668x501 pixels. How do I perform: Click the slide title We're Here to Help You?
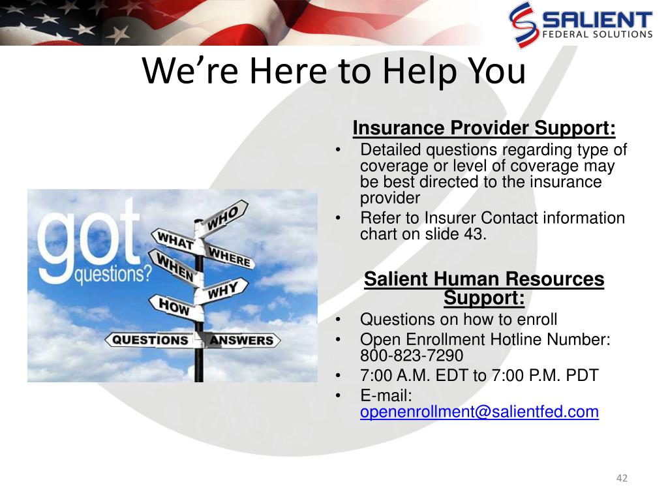point(334,70)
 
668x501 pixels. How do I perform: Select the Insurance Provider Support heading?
point(484,128)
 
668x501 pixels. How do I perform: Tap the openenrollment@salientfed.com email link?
point(479,412)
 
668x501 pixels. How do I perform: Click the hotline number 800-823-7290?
point(412,356)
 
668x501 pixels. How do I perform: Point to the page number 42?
point(622,478)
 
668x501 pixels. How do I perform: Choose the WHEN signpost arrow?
point(175,267)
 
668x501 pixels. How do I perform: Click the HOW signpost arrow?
point(176,307)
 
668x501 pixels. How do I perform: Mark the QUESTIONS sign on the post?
point(150,340)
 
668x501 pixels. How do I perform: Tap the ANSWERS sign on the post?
point(241,341)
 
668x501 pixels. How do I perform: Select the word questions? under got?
point(113,275)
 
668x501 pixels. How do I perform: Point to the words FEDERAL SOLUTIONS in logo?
point(598,34)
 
